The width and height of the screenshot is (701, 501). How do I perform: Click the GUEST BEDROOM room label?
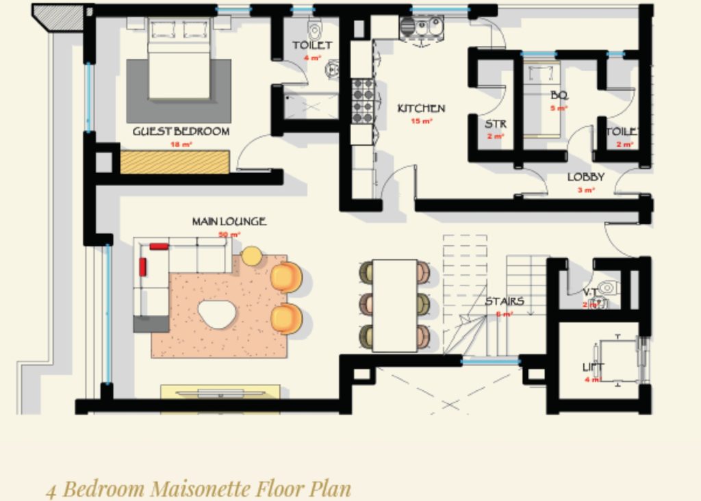pos(181,131)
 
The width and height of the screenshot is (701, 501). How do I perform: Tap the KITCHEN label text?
pos(421,108)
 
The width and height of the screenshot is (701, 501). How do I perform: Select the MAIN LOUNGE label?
pos(229,222)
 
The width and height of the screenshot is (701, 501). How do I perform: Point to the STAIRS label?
pos(505,301)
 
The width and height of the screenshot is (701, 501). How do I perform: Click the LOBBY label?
pos(585,177)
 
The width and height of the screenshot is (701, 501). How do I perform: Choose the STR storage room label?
pos(495,125)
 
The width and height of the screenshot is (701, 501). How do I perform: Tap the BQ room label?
pos(559,96)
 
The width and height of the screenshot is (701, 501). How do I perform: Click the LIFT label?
pos(593,368)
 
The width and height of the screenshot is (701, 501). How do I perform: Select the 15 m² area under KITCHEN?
pos(422,121)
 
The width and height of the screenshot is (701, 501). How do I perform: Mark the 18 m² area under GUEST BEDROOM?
pos(181,144)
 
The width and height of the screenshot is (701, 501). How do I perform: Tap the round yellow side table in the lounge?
pos(251,256)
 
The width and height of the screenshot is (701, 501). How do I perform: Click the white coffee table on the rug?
pos(218,314)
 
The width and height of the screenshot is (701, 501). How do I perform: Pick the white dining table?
pos(394,305)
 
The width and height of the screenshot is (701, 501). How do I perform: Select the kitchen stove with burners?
pos(363,101)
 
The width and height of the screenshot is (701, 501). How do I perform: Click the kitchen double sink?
pos(421,28)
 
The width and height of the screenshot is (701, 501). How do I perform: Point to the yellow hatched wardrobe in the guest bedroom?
pos(175,162)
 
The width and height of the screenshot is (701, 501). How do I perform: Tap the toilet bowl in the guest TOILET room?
pos(314,29)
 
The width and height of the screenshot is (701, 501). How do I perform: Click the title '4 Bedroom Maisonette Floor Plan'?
pos(199,489)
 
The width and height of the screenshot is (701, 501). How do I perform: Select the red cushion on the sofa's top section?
pos(159,246)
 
